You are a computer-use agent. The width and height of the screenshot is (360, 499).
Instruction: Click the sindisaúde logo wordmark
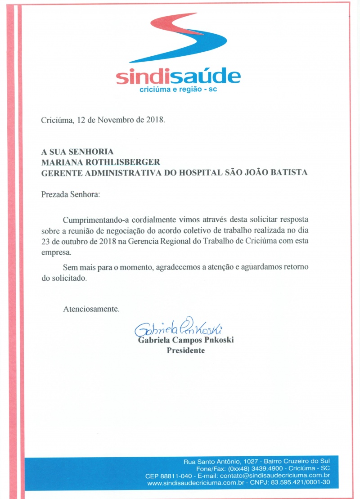178,77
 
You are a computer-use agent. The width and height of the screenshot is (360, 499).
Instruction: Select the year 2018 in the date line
155,120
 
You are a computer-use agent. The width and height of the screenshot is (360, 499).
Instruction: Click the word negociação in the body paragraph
125,231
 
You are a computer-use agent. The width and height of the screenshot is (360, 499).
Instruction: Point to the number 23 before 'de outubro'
45,242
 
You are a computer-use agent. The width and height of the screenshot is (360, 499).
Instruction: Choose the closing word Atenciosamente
91,309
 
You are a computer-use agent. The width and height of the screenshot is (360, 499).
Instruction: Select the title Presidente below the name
185,351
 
